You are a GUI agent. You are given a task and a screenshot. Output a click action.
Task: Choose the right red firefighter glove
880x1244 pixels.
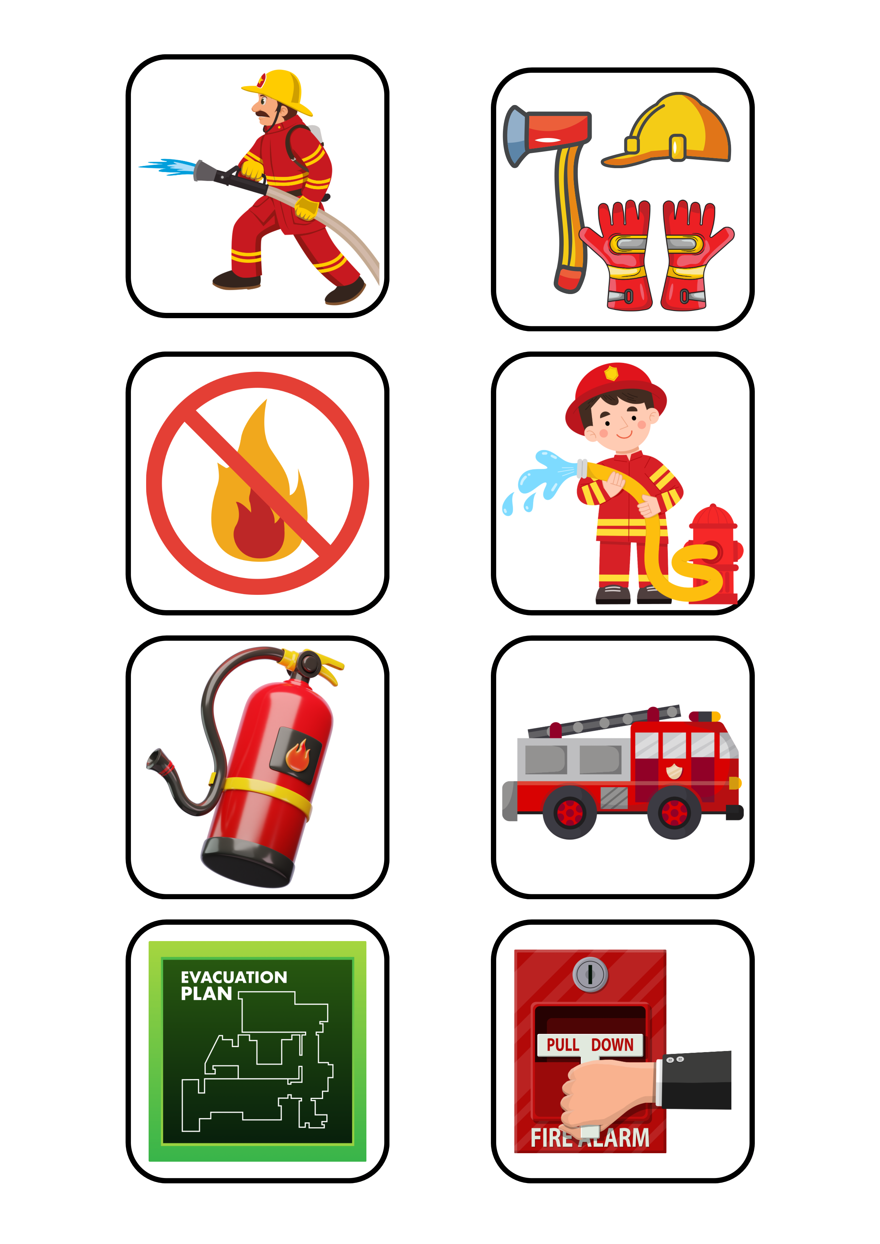[x=693, y=255]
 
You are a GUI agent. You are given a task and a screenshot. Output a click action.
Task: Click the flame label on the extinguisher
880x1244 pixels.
[x=296, y=755]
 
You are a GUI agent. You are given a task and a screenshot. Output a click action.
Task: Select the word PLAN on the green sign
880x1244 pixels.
[x=206, y=994]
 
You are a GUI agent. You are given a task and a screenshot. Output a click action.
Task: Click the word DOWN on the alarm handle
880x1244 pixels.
[x=612, y=1045]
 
